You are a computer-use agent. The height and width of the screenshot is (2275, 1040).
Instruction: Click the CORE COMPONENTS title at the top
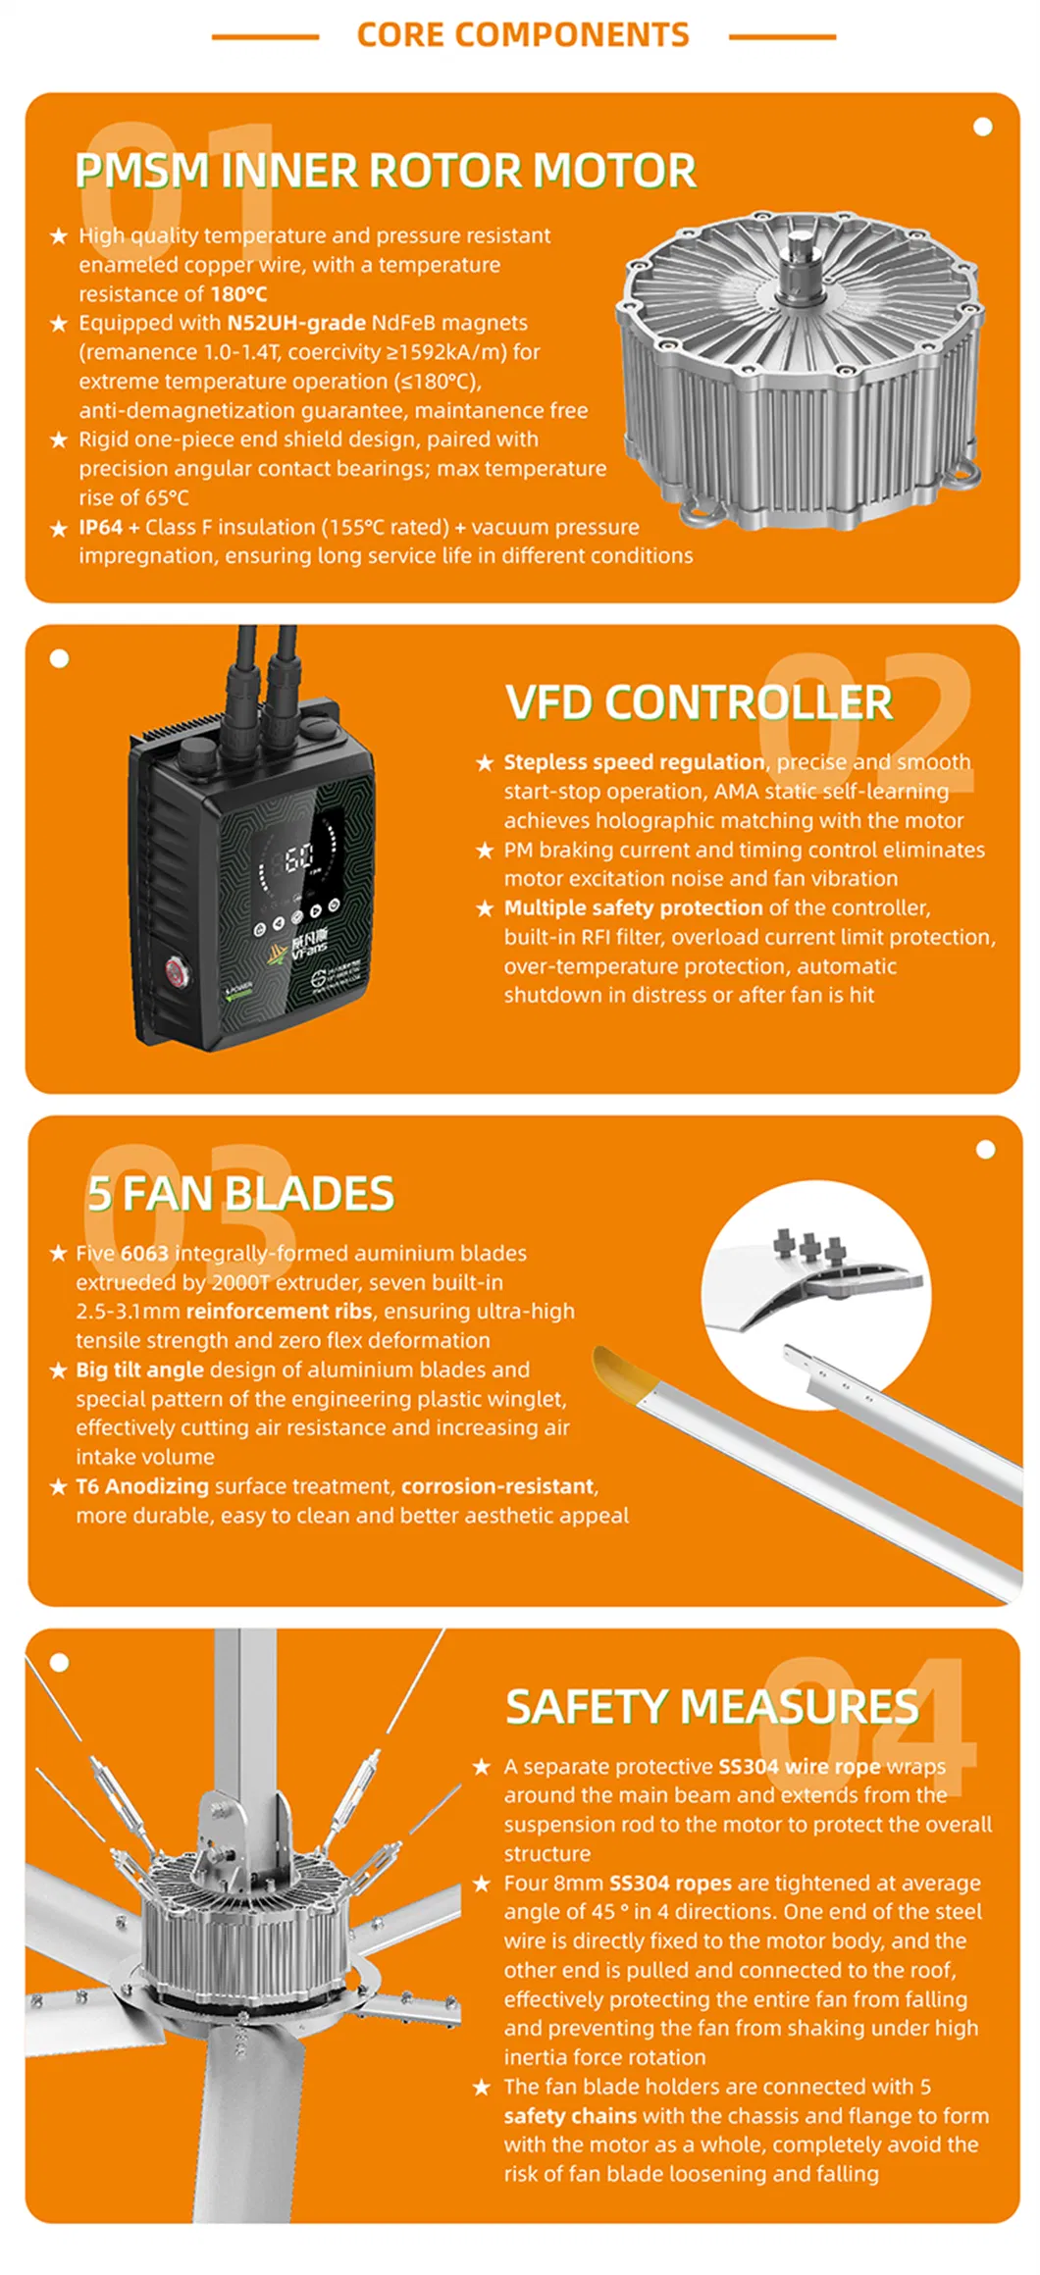pos(523,35)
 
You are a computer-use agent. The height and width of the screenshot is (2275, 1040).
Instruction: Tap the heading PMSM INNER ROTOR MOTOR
pos(386,171)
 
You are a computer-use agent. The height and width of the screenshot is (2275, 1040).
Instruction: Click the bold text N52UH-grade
pos(295,323)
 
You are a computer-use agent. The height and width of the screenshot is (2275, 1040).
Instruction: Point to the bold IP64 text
pos(100,527)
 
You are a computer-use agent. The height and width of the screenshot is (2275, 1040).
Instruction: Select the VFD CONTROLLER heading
pos(699,702)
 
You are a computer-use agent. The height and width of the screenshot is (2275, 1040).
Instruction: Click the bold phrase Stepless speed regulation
pos(634,762)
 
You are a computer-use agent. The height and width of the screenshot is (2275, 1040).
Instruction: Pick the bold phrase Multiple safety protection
pos(633,907)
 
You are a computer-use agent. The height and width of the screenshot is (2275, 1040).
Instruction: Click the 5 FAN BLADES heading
pos(240,1194)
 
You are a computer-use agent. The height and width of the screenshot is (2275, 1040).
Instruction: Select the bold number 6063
pos(144,1253)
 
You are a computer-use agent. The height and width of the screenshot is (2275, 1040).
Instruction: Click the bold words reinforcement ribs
pos(279,1311)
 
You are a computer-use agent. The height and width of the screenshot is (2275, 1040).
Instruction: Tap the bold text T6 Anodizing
pos(142,1485)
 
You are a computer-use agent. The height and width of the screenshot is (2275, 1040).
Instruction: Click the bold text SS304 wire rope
pos(800,1766)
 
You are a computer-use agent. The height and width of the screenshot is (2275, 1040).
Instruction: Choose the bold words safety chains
pos(570,2115)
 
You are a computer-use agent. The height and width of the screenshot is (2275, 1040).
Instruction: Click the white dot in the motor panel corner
pos(982,127)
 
